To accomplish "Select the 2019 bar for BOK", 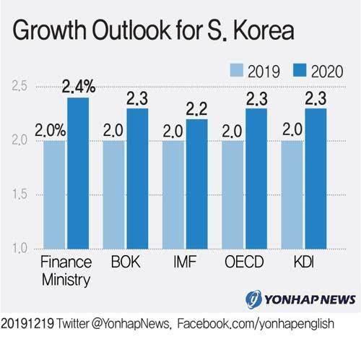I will coord(114,195).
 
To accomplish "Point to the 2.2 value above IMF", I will coord(197,110).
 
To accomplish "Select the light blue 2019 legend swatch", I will coord(236,70).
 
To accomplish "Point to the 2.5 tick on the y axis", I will coord(19,87).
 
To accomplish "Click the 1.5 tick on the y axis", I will coord(19,195).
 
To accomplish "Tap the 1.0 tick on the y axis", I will coord(19,249).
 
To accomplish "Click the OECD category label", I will coord(245,261).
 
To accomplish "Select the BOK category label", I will coord(126,261).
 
